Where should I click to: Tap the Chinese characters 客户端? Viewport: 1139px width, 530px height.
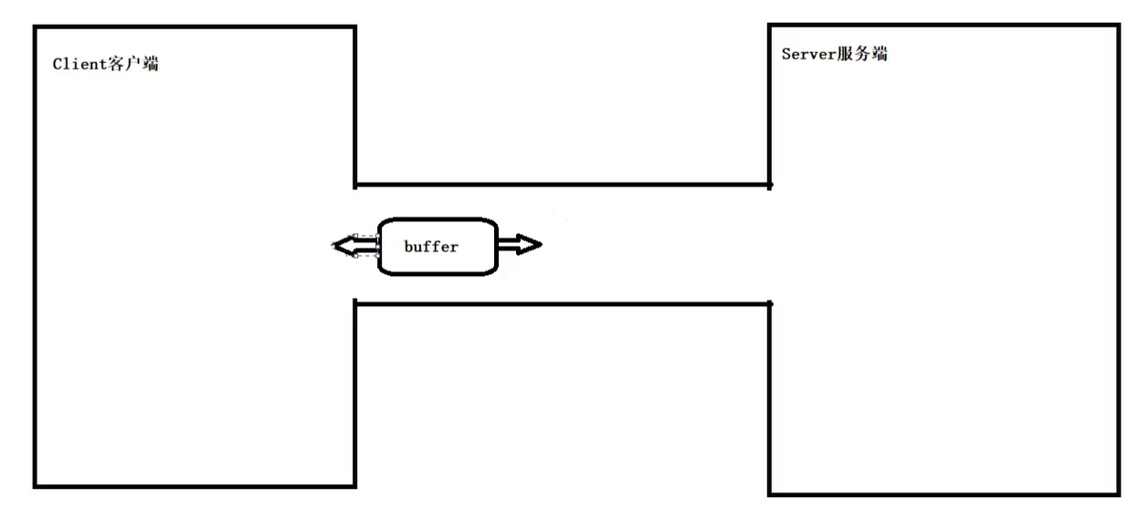tap(134, 64)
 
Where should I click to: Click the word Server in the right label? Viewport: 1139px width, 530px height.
tap(807, 54)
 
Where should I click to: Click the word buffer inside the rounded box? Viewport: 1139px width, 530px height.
tap(431, 247)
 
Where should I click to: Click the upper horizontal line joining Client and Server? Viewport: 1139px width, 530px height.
tap(562, 185)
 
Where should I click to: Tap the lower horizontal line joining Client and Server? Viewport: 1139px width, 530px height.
tap(562, 303)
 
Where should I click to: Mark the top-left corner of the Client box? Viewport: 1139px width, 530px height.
tap(35, 27)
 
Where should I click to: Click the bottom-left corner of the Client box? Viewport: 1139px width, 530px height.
tap(35, 485)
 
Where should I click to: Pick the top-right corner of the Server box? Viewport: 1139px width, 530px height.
tap(1118, 26)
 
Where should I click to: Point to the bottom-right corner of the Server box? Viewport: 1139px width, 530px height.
tap(1118, 494)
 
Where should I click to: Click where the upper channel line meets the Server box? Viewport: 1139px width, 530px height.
tap(769, 185)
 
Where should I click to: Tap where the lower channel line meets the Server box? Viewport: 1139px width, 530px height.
tap(769, 303)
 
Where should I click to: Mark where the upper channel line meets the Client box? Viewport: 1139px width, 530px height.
tap(354, 185)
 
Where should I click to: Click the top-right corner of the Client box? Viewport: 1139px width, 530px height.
tap(354, 27)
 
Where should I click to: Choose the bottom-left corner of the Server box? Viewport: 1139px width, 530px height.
tap(769, 493)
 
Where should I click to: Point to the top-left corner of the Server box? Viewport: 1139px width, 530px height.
tap(769, 26)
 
